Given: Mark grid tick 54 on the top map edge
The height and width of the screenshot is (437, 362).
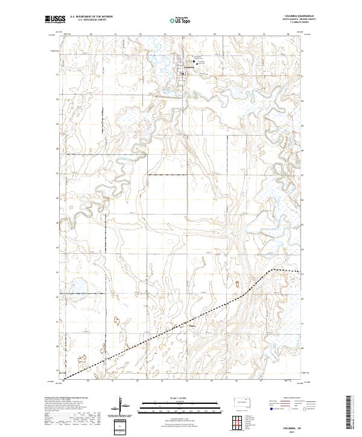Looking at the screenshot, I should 189,34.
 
